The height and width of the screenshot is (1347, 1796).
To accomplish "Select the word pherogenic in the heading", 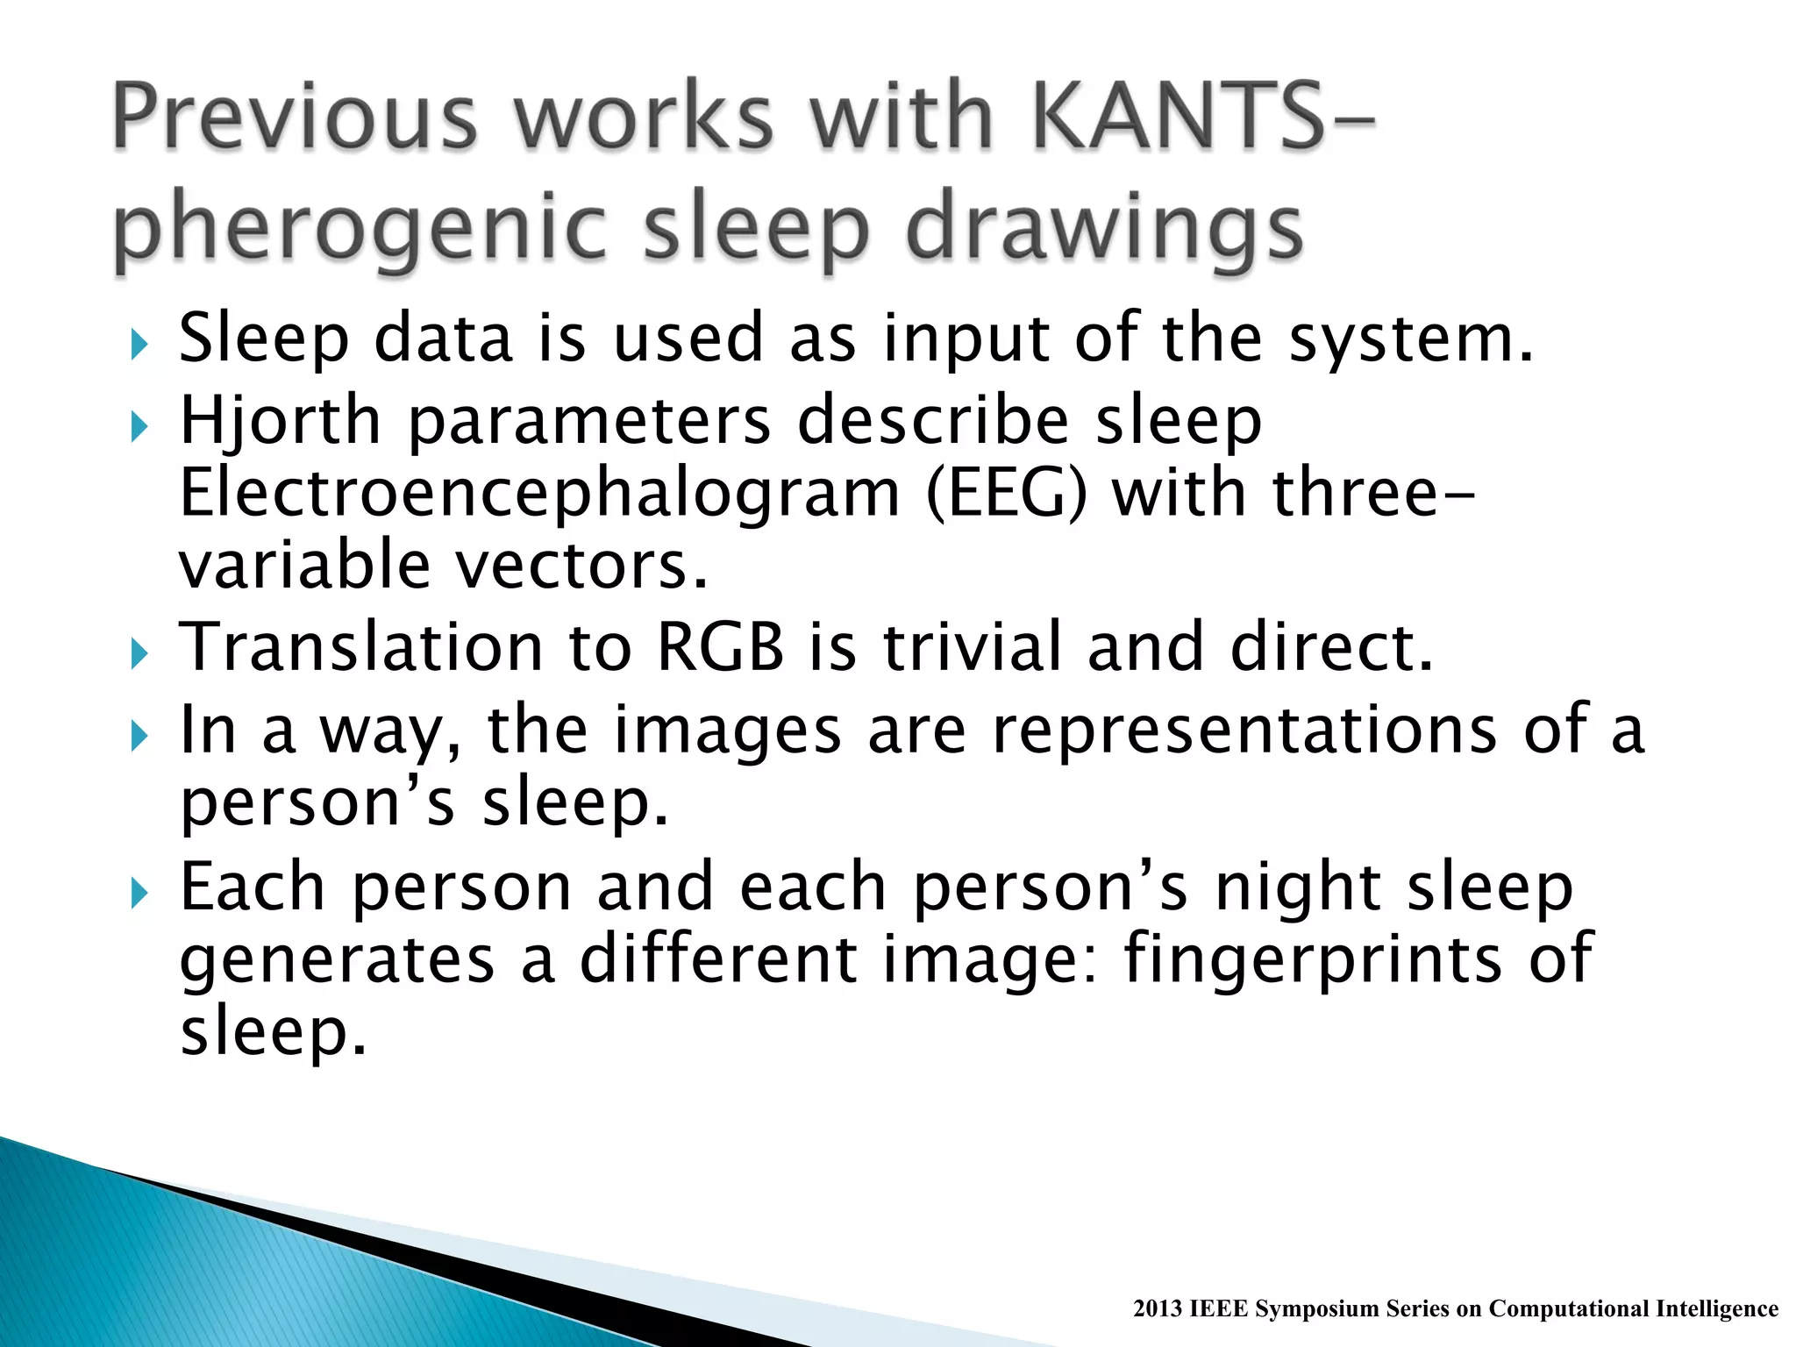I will pyautogui.click(x=360, y=230).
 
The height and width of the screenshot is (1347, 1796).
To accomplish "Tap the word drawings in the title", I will pyautogui.click(x=1104, y=230).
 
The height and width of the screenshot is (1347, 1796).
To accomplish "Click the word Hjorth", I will pyautogui.click(x=280, y=421).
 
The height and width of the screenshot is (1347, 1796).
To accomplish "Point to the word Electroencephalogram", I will pyautogui.click(x=539, y=493).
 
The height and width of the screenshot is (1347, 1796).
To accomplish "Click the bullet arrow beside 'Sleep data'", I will pyautogui.click(x=138, y=345).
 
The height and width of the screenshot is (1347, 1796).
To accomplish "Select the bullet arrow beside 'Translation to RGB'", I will pyautogui.click(x=138, y=653).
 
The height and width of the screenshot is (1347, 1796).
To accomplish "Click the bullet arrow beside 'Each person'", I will pyautogui.click(x=138, y=894).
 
